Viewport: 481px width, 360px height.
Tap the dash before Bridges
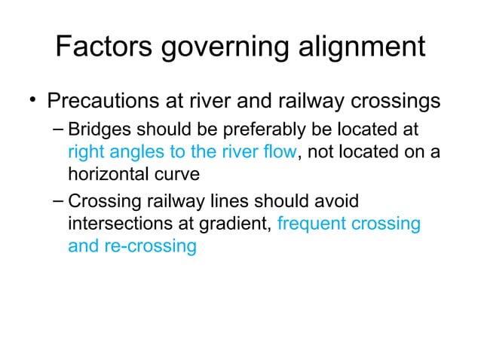pos(58,130)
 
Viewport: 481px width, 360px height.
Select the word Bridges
pos(96,130)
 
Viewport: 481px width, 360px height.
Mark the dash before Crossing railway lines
pos(58,202)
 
